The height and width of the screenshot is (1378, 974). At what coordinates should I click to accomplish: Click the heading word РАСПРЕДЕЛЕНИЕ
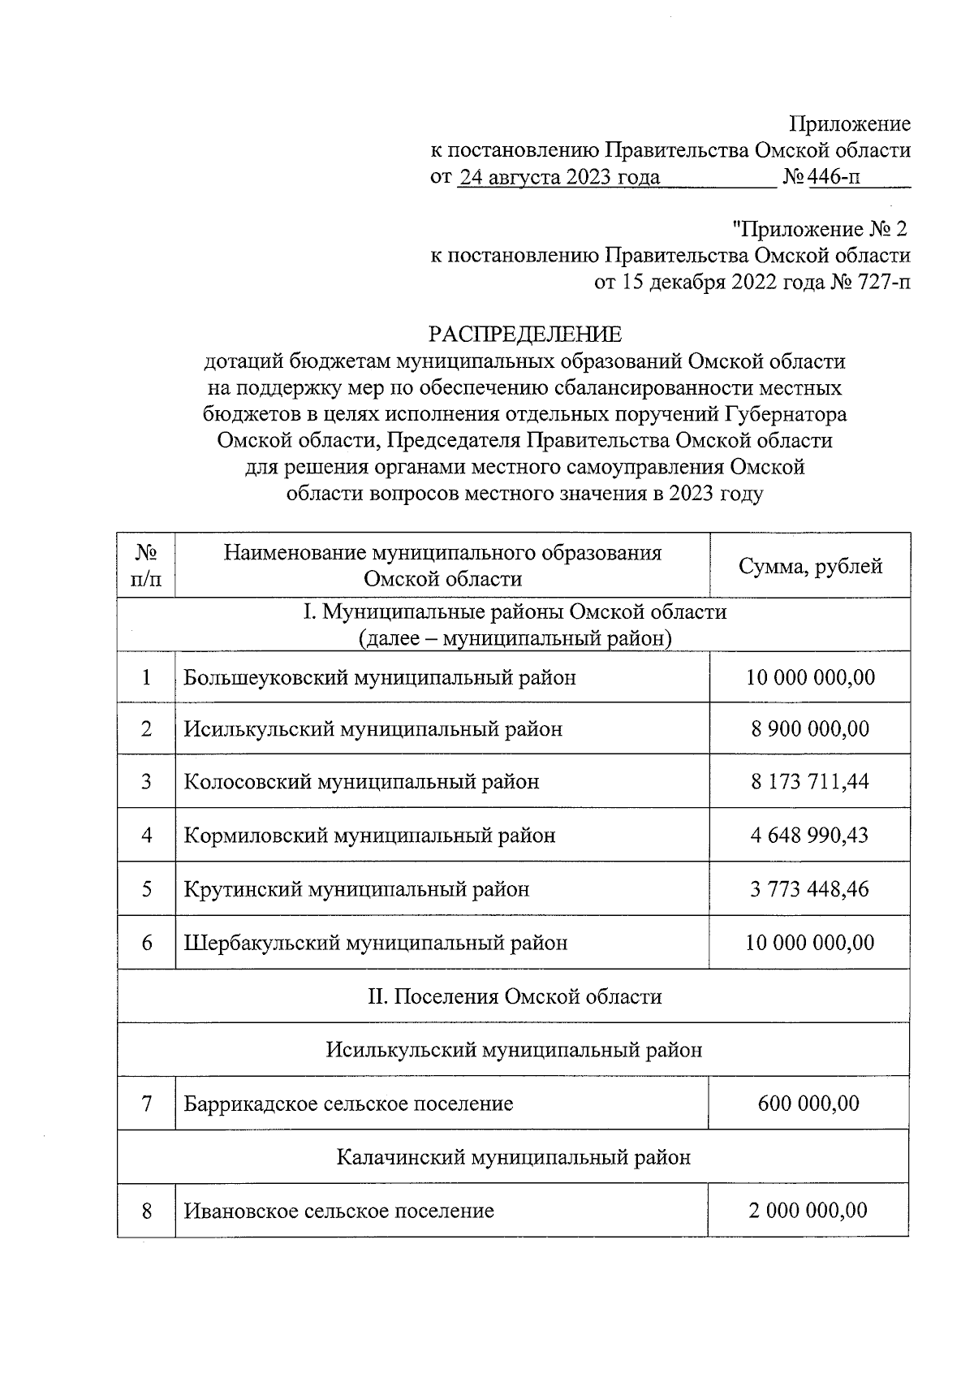(x=524, y=335)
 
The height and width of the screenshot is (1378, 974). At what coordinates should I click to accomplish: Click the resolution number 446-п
(x=834, y=177)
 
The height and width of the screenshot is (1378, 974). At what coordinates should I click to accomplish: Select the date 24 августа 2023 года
(x=559, y=177)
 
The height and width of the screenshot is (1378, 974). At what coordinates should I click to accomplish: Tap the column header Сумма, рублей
(x=809, y=566)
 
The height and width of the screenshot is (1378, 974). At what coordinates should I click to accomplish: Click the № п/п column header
(x=146, y=566)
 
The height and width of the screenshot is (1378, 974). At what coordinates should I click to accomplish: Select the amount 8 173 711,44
(x=809, y=782)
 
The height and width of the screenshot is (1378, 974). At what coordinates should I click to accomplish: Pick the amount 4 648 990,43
(x=809, y=836)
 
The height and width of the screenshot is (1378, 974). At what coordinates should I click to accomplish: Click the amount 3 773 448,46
(x=809, y=889)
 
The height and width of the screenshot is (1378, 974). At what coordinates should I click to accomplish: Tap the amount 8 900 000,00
(x=809, y=729)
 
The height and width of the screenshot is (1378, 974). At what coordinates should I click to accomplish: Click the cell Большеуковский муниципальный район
(x=380, y=677)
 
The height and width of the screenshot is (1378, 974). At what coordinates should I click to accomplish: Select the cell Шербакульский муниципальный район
(x=376, y=943)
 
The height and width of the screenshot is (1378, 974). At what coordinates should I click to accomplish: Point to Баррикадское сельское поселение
(x=348, y=1104)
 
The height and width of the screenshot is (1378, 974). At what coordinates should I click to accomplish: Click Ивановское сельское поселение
(x=338, y=1212)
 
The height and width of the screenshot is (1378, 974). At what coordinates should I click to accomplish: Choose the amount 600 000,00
(x=808, y=1104)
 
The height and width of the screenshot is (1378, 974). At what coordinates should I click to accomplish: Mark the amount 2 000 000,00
(x=808, y=1211)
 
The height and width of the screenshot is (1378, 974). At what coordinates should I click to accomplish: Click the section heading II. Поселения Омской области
(x=515, y=996)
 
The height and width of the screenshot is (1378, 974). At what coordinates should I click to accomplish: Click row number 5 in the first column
(x=147, y=889)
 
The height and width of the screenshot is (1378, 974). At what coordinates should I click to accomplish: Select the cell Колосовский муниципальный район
(x=361, y=782)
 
